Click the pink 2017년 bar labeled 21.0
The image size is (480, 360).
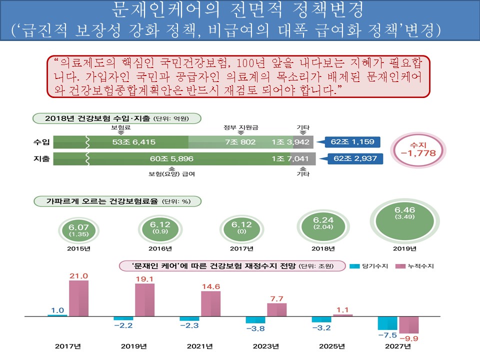[78, 298]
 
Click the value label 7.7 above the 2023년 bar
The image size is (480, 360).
[276, 299]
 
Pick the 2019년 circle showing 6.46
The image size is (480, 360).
[405, 228]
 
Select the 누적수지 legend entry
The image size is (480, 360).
[414, 266]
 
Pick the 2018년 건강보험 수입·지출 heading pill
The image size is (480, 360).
[116, 118]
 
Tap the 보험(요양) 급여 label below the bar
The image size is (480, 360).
[172, 174]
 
